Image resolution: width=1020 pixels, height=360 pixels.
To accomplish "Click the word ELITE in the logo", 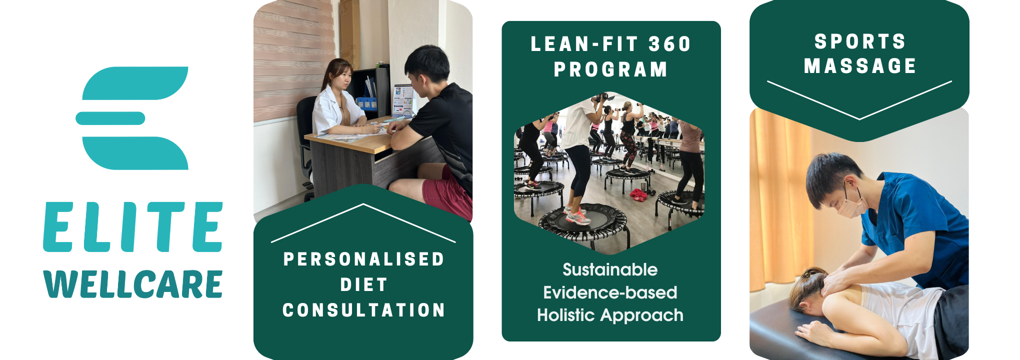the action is click(x=133, y=227).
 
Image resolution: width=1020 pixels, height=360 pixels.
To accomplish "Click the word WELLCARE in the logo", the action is click(x=133, y=284).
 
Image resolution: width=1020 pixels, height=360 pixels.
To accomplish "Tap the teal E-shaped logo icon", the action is click(x=132, y=118).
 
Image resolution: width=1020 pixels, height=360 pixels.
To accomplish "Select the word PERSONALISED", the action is click(x=363, y=259).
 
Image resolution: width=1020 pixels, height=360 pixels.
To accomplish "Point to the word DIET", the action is click(x=363, y=284).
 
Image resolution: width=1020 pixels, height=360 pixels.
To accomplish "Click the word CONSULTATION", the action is click(x=363, y=310).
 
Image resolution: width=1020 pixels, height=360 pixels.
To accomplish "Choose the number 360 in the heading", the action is click(x=669, y=44).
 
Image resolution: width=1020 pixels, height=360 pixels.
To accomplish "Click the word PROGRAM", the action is click(x=610, y=69).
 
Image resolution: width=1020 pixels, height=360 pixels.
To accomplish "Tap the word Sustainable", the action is click(x=610, y=269).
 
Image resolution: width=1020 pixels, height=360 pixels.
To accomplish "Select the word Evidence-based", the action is click(x=610, y=292).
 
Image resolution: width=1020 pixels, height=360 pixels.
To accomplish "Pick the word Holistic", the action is click(x=566, y=315).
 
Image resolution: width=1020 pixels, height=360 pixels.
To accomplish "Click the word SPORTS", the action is click(x=860, y=41).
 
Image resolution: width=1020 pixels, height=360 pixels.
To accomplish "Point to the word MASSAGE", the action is click(x=860, y=66).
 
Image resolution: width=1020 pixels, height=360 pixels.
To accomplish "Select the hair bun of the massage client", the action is click(x=810, y=274).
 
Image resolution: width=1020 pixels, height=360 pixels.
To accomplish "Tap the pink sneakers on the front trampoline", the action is click(x=577, y=217).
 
